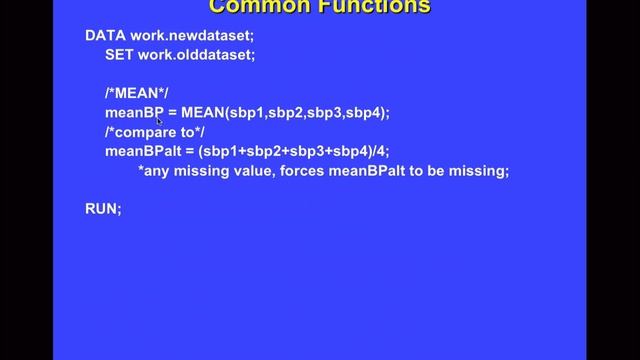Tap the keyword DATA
pyautogui.click(x=105, y=35)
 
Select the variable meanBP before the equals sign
pyautogui.click(x=134, y=113)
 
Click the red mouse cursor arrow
pyautogui.click(x=160, y=121)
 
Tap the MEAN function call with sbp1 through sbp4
pyautogui.click(x=285, y=113)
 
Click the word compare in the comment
pyautogui.click(x=152, y=132)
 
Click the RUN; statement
pyautogui.click(x=103, y=209)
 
